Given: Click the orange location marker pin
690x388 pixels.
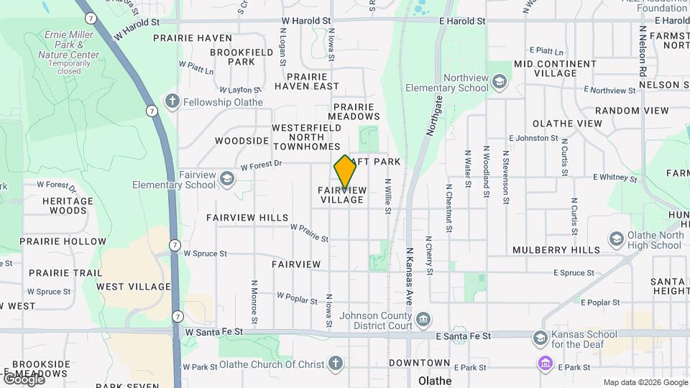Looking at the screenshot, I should [345, 172].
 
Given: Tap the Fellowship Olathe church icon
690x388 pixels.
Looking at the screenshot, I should [172, 101].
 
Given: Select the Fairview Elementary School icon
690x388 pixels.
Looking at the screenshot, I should [227, 178].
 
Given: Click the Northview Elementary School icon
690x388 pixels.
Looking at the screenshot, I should [499, 83].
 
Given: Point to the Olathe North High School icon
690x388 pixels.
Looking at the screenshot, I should [616, 239].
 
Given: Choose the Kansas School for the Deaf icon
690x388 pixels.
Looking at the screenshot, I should [540, 338].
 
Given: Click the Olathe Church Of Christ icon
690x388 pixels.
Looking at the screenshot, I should [336, 364].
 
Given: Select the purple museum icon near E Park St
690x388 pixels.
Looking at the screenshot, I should [545, 364].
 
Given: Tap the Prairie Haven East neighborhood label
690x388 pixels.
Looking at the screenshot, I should [313, 81].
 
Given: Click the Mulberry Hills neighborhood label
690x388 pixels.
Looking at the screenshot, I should [556, 250].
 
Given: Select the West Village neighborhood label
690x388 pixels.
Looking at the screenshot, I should [134, 287].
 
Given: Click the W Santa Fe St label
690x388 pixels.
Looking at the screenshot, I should [213, 332].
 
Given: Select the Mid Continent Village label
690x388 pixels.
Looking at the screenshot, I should [555, 68].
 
